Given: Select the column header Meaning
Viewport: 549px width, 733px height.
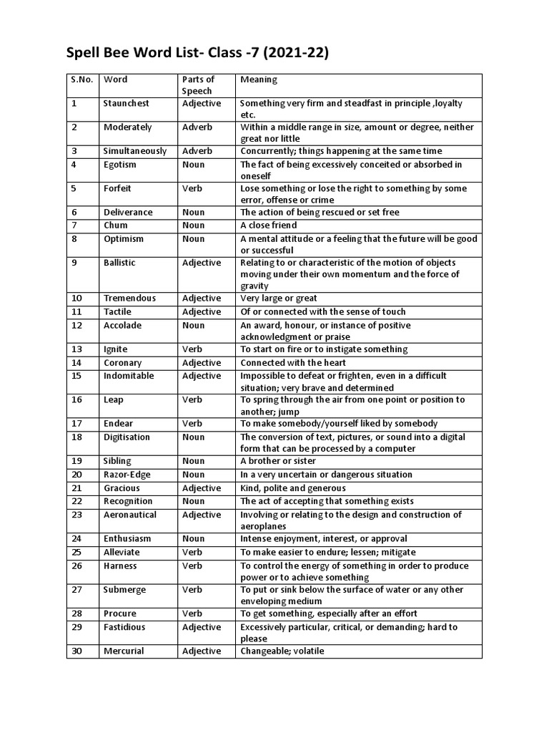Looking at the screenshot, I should point(259,79).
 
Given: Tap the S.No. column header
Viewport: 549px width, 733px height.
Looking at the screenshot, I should point(82,79).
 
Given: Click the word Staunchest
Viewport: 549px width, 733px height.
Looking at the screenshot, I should point(127,103).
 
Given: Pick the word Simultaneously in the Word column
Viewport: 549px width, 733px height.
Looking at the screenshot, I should point(135,151).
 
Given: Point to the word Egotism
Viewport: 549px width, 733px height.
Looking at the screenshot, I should point(119,165).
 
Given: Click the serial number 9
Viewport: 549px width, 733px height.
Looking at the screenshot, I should point(74,263).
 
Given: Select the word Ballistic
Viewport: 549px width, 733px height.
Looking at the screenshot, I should point(119,263).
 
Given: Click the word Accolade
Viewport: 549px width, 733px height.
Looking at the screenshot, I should point(122,325).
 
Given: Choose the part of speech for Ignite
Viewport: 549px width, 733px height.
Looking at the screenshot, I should point(192,349).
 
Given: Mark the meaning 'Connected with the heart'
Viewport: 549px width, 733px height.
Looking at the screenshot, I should point(293,363).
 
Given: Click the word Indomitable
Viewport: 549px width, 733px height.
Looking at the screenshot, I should point(128,376).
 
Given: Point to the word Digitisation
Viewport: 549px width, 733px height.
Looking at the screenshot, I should point(127,437).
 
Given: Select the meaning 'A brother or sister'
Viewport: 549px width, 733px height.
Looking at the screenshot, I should point(278,461).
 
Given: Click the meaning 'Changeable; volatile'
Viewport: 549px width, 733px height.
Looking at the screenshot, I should point(282,651).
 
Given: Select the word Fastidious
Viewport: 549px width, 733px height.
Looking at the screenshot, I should point(124,627).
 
